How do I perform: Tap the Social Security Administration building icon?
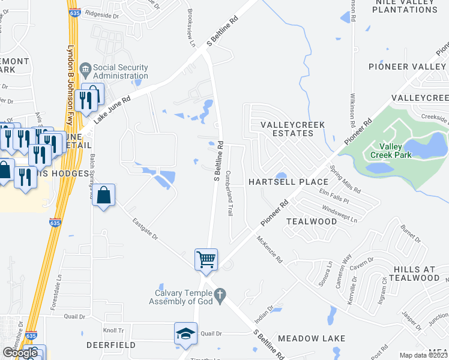point(85,71)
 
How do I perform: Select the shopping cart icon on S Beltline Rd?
point(205,259)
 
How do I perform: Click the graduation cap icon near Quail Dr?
point(185,333)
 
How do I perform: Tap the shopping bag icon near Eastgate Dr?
point(104,195)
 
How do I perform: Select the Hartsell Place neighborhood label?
point(288,182)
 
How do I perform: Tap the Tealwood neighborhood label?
point(312,221)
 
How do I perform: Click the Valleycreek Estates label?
point(292,129)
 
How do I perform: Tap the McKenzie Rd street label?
point(269,250)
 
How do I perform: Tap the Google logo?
point(20,353)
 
